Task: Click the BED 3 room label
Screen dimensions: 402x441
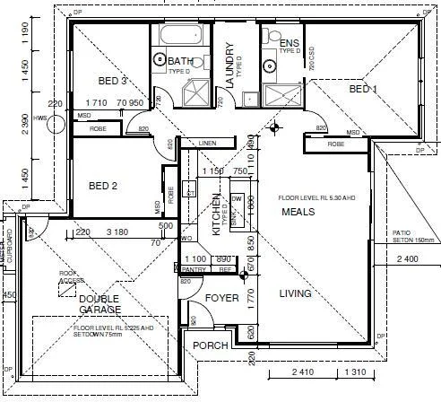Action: point(111,81)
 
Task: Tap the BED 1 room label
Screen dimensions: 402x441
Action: point(363,90)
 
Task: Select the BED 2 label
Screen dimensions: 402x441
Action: point(104,187)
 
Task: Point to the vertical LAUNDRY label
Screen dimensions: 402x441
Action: point(229,65)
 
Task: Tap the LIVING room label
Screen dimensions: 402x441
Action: point(295,293)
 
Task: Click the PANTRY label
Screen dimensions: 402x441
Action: point(195,269)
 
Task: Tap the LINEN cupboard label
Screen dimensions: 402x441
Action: point(208,143)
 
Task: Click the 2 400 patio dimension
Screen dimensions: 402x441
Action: point(407,261)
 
